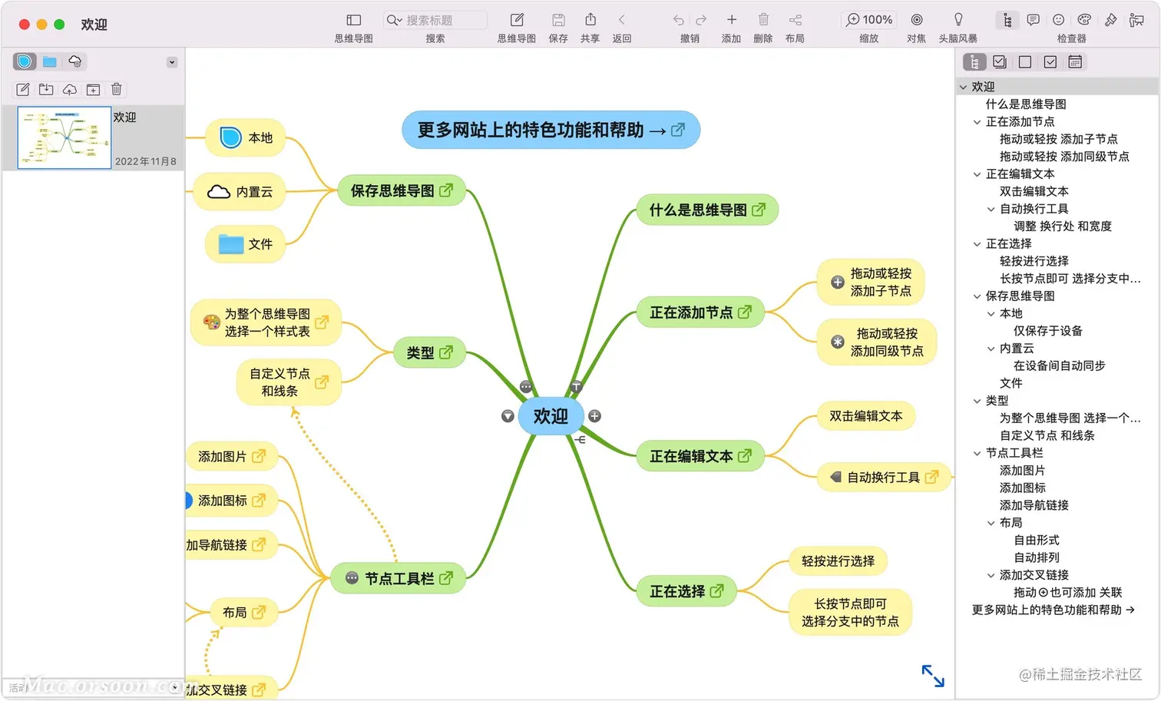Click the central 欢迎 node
[x=551, y=416]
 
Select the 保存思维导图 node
[x=392, y=190]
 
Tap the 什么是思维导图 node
[x=698, y=210]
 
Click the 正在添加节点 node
[x=691, y=312]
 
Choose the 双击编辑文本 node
[x=865, y=416]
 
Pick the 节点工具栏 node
[x=399, y=578]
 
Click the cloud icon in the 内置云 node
[x=219, y=192]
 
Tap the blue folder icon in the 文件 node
[x=230, y=244]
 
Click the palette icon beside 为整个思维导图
[x=212, y=322]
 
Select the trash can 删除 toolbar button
[x=763, y=20]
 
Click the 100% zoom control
[x=869, y=20]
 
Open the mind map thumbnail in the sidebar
[x=64, y=138]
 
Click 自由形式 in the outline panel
[x=1036, y=540]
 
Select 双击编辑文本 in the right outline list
[x=1034, y=191]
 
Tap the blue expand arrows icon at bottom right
[x=933, y=676]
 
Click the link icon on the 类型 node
[x=446, y=352]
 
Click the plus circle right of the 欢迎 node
[x=594, y=416]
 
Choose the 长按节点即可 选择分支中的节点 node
[x=850, y=613]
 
